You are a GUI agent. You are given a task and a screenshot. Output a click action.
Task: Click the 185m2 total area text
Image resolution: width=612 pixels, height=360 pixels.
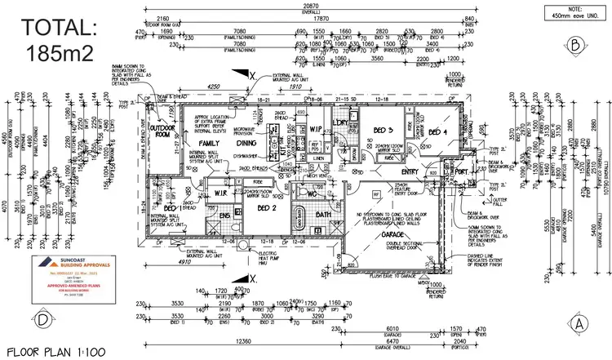58,53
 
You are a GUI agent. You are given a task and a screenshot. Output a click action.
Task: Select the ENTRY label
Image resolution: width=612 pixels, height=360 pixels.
409,171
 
